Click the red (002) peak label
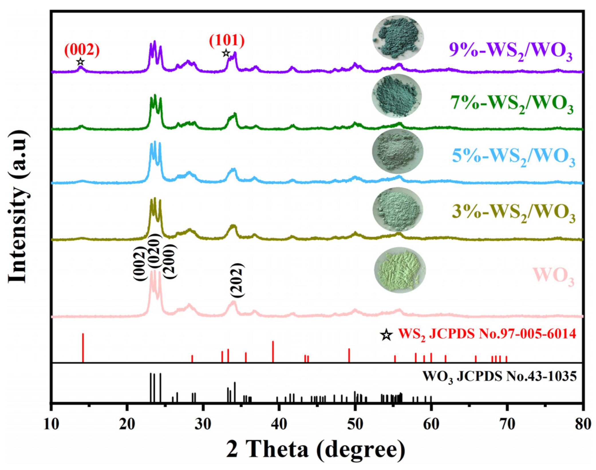[82, 50]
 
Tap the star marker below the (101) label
[226, 53]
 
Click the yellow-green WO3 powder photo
[400, 270]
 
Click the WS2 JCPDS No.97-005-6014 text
[487, 334]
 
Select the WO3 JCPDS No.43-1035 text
[499, 377]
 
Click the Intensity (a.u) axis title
[18, 206]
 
